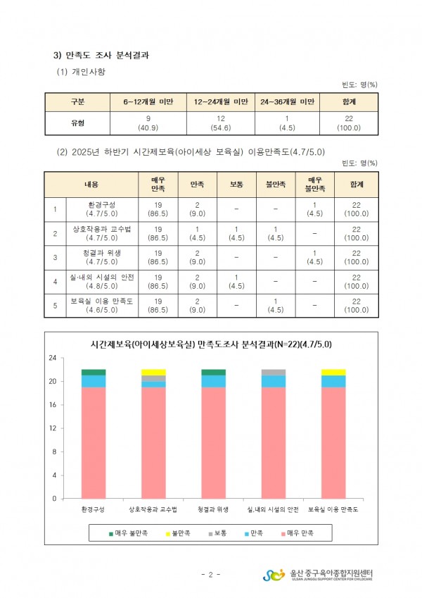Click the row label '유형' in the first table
click(x=78, y=123)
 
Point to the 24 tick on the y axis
click(x=52, y=359)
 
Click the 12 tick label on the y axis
click(x=52, y=428)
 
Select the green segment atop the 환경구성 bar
click(x=94, y=372)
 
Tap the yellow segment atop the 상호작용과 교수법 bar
click(x=153, y=372)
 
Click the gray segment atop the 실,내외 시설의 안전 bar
click(x=274, y=372)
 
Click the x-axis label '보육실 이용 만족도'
click(x=333, y=509)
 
